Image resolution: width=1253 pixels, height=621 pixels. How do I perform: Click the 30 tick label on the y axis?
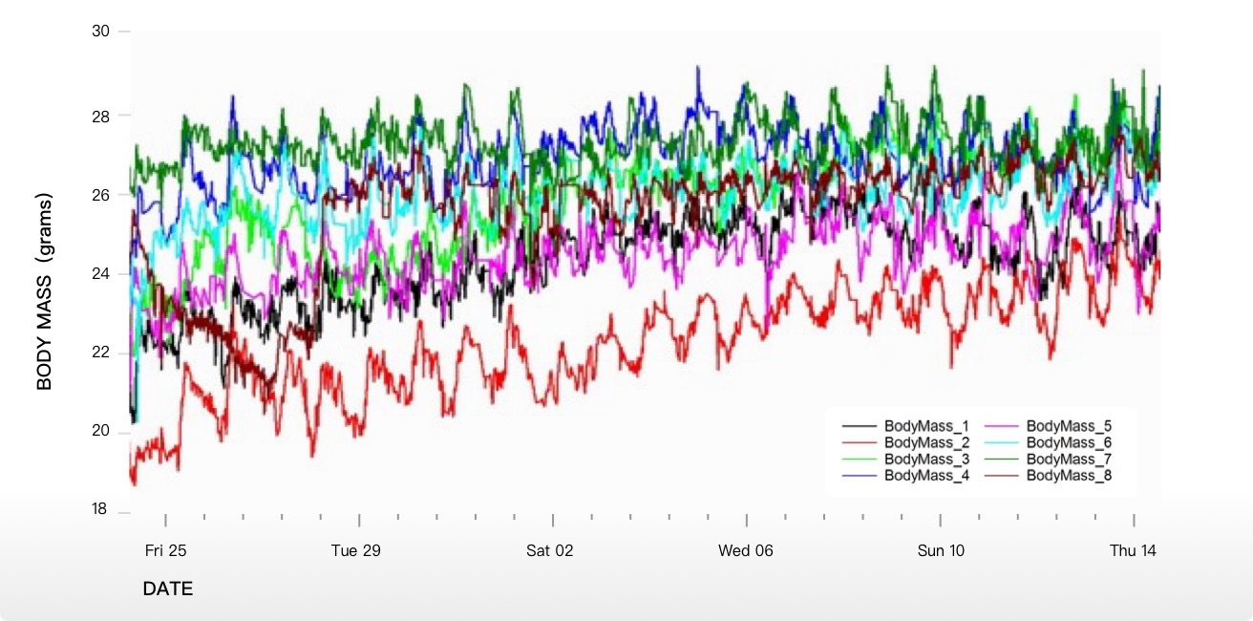[100, 32]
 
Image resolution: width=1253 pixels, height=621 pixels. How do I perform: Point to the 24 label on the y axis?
[100, 274]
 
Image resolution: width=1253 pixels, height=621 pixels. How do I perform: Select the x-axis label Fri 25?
[165, 551]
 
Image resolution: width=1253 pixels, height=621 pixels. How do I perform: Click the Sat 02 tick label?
[550, 551]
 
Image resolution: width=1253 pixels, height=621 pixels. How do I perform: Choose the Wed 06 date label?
[746, 551]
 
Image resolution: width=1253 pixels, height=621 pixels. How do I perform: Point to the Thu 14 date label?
[1134, 551]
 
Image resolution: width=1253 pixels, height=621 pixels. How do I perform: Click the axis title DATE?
[168, 589]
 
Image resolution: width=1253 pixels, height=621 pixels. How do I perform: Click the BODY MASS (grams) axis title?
[45, 291]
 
